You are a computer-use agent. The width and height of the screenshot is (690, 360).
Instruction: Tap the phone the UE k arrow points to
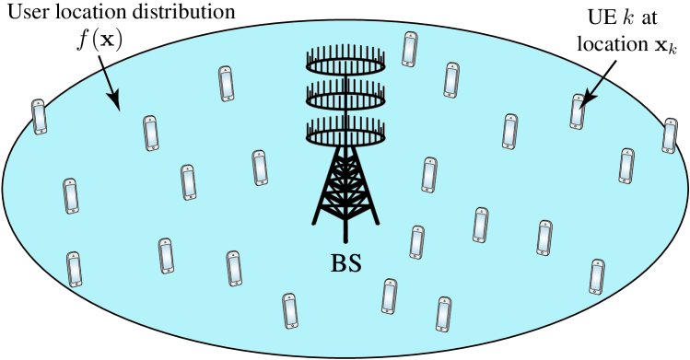577,111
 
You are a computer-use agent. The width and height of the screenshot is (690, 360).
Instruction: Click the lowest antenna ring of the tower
345,135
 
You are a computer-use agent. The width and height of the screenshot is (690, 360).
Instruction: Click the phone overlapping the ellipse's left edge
39,116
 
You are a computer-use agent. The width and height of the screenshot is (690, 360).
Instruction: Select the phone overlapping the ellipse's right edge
670,135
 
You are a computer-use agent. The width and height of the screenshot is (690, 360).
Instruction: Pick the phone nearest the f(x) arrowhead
152,133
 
